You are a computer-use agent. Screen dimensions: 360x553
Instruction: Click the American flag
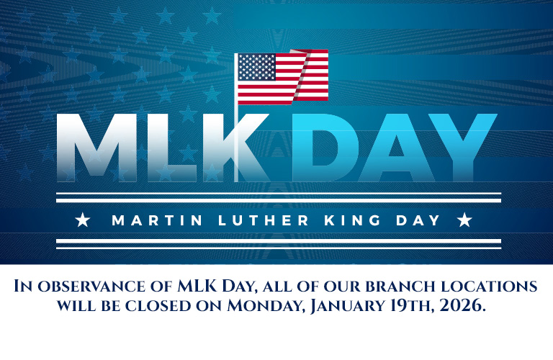[x=282, y=76]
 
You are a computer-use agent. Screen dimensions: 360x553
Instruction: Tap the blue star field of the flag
[x=257, y=67]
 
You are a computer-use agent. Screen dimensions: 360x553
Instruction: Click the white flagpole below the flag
[x=236, y=144]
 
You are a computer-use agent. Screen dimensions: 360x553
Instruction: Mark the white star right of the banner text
[x=464, y=220]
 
